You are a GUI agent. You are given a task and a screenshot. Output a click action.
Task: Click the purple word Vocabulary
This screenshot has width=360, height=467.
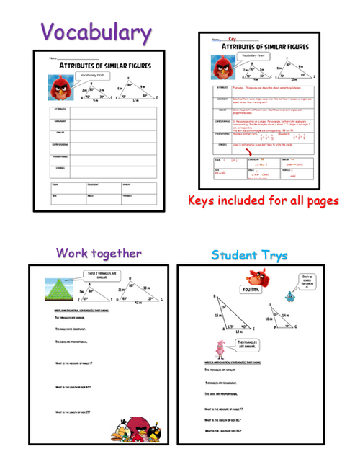pos(96,32)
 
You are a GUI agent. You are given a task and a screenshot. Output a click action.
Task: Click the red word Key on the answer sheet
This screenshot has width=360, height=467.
pos(232,39)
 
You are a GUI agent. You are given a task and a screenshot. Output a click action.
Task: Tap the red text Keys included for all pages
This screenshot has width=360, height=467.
pos(263,200)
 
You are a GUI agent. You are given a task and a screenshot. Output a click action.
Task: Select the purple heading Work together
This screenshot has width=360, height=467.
pos(99,252)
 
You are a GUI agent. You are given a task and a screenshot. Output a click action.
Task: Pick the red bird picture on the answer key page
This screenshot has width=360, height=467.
pos(220,67)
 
